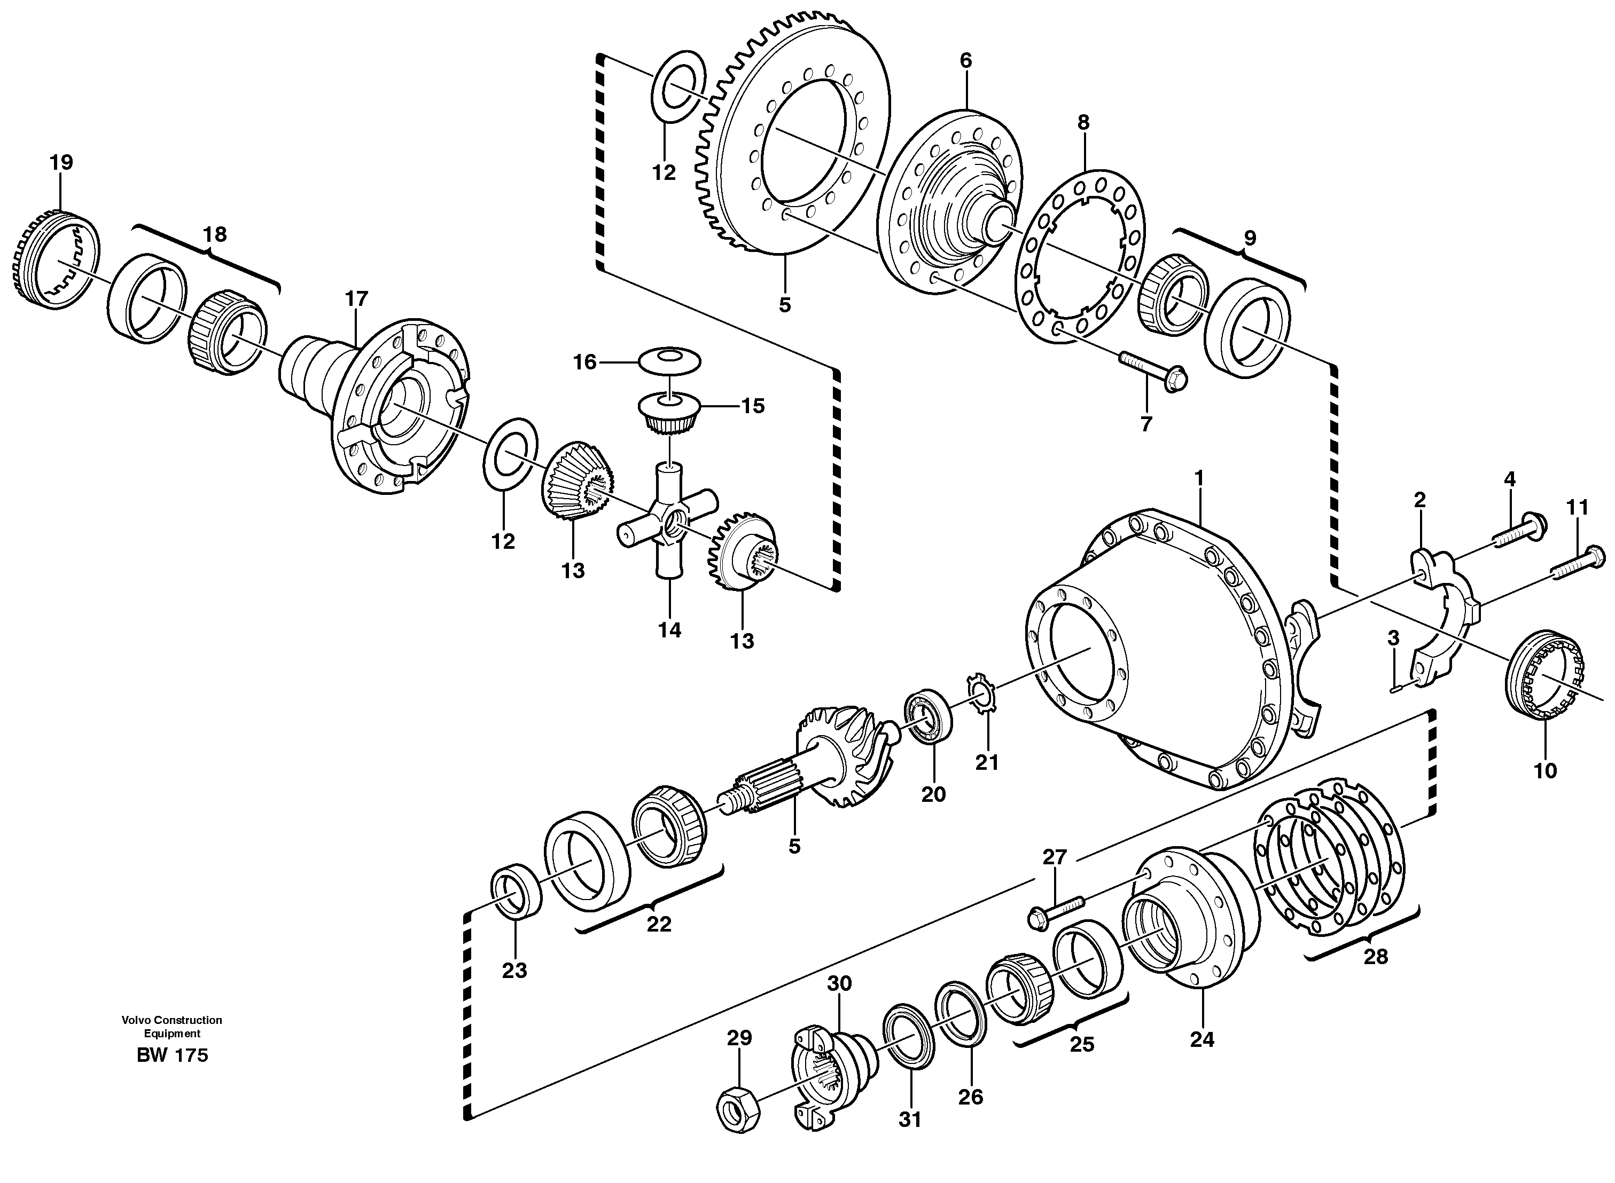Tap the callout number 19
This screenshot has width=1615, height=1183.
click(x=61, y=162)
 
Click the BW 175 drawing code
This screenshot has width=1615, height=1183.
click(x=172, y=1055)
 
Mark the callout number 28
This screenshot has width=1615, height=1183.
click(x=1375, y=957)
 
